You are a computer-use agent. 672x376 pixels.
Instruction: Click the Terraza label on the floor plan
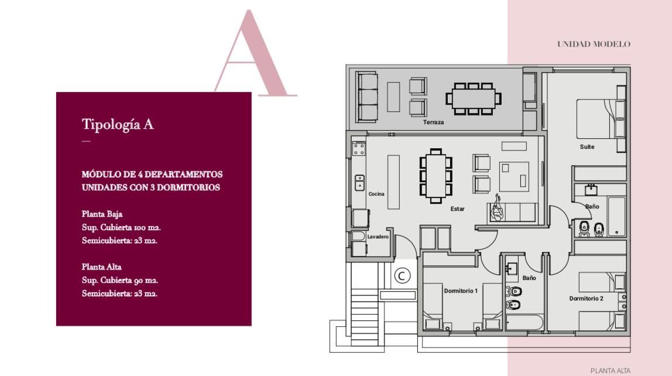tap(433, 122)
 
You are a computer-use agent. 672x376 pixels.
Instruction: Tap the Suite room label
tap(587, 146)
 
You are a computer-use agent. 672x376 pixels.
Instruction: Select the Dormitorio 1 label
tap(461, 290)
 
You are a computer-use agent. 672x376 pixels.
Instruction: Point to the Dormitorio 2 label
tap(587, 299)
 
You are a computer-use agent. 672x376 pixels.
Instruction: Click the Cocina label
tap(376, 194)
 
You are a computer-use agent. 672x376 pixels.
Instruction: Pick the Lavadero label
tap(378, 237)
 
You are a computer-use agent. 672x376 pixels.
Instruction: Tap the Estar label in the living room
tap(457, 209)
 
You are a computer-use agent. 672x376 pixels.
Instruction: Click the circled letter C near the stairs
tap(402, 276)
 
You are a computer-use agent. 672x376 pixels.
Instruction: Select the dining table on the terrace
tap(473, 98)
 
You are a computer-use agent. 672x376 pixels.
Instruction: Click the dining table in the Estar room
tap(436, 176)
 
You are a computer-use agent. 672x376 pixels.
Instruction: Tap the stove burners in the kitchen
tap(359, 148)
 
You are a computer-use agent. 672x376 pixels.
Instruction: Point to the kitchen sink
tap(359, 183)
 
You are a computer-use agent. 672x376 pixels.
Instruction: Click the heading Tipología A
tap(118, 124)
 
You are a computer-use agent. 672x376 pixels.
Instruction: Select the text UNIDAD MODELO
tap(594, 44)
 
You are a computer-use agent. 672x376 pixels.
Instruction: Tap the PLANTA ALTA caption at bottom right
tap(611, 371)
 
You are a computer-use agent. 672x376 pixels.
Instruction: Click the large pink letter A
tap(255, 53)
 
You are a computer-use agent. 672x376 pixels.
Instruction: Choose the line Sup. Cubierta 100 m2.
tap(121, 227)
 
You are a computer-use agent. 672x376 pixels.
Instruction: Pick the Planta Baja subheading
tap(102, 214)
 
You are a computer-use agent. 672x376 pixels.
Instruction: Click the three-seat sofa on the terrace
tap(367, 97)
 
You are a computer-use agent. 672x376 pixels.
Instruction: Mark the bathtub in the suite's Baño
tap(616, 217)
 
